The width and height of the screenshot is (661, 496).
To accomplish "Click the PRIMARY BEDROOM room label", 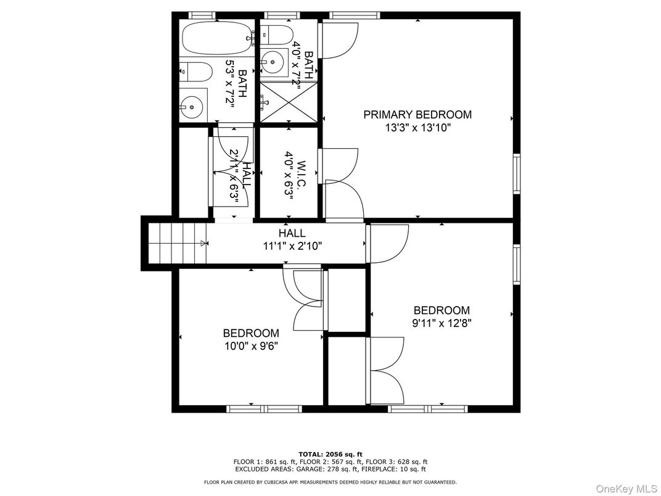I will pyautogui.click(x=417, y=115).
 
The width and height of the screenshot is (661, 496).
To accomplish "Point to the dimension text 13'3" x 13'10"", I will pyautogui.click(x=417, y=128).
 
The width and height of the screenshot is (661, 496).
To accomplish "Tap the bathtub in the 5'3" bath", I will pyautogui.click(x=216, y=37).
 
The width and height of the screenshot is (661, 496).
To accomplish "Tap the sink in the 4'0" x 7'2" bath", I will pyautogui.click(x=271, y=60).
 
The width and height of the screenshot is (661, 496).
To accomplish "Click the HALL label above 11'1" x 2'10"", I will pyautogui.click(x=292, y=233).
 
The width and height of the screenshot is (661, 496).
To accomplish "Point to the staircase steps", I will pyautogui.click(x=178, y=243).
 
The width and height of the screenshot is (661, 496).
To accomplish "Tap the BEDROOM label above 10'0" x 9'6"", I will pyautogui.click(x=251, y=333).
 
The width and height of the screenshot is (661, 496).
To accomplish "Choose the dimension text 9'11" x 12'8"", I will pyautogui.click(x=441, y=323).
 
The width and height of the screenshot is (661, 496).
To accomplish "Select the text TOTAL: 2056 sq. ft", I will pyautogui.click(x=330, y=453).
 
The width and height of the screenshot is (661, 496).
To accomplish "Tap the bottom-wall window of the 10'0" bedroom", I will pyautogui.click(x=264, y=408).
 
